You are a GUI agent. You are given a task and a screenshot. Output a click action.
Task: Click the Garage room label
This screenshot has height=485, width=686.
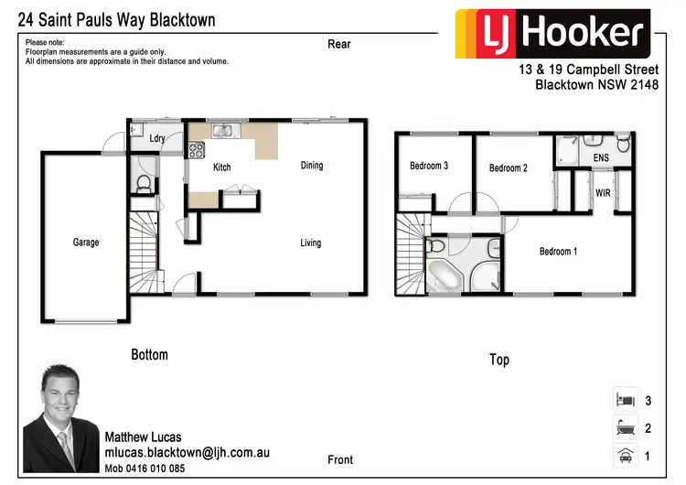(86, 242)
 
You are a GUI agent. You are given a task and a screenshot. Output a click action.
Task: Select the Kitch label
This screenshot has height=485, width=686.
(222, 167)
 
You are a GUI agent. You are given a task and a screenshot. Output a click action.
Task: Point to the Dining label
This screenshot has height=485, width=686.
(312, 166)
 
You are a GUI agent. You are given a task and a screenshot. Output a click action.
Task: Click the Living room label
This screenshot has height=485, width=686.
(311, 242)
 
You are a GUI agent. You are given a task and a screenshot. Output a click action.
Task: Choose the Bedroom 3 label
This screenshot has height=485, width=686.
(428, 166)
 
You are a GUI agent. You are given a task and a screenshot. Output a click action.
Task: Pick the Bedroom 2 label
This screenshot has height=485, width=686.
(508, 167)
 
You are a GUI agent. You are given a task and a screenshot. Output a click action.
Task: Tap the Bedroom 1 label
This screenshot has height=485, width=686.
(558, 252)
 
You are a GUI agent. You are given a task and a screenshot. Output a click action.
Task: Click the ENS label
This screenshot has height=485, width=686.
(601, 158)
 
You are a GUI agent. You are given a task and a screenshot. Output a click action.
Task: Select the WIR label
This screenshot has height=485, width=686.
(603, 194)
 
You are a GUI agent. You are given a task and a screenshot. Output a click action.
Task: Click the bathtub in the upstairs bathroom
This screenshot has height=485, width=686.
(445, 276)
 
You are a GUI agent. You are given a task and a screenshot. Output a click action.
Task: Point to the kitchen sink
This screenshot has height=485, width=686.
(223, 131)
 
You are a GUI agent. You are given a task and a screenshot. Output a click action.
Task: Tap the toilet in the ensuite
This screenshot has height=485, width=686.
(622, 144)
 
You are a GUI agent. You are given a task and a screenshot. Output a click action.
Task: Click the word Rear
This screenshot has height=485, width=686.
(339, 44)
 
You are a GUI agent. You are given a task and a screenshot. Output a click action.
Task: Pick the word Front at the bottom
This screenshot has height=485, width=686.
(340, 459)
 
